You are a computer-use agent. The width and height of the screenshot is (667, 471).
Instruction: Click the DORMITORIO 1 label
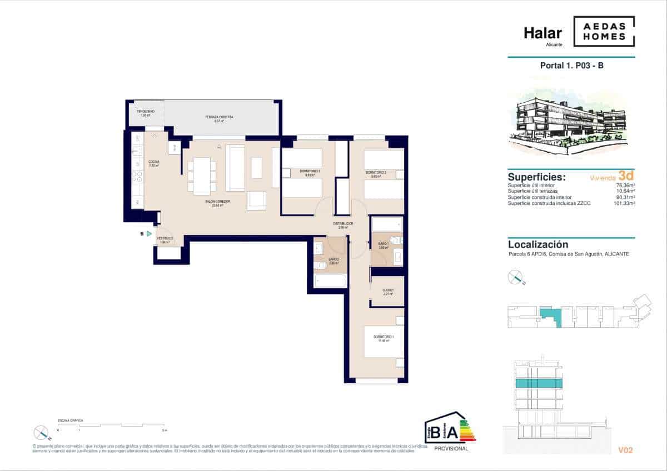pos(384,339)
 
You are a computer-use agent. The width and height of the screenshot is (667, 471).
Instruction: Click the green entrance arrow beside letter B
pos(149,234)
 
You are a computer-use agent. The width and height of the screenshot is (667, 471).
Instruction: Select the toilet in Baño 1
pos(395,240)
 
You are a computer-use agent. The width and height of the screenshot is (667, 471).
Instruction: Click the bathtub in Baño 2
pos(331,281)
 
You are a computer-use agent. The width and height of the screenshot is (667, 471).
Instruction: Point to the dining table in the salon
pos(202,176)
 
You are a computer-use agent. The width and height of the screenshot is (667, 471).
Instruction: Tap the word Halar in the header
pos(542,33)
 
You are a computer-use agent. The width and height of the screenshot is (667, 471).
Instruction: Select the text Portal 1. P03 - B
pos(571,66)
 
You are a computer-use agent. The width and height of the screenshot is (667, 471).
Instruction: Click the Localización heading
pos(538,244)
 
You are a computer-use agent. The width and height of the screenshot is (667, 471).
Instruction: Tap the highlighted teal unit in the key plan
pos(550,316)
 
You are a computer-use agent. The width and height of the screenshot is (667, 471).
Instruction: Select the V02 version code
pos(625,450)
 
